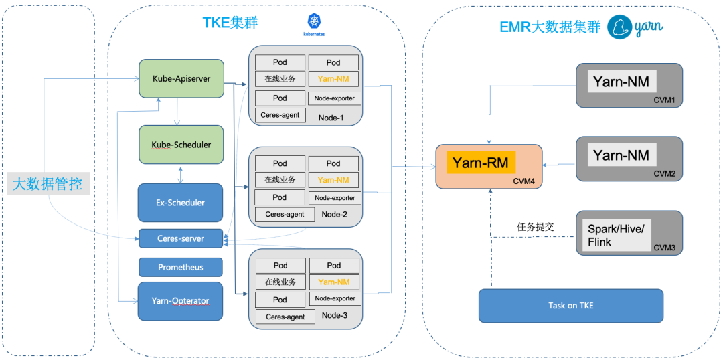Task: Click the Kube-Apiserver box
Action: click(x=181, y=78)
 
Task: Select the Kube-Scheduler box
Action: click(x=181, y=145)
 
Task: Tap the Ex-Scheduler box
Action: click(x=181, y=202)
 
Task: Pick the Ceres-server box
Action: click(x=181, y=238)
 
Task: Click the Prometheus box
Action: click(x=181, y=267)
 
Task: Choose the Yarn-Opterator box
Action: click(x=181, y=301)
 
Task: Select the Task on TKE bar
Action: click(x=571, y=305)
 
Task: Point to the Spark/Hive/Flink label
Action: click(x=613, y=234)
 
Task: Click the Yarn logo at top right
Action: click(x=635, y=27)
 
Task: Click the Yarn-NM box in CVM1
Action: click(x=621, y=82)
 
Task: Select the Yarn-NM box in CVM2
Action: click(x=621, y=155)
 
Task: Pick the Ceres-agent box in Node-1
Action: click(x=280, y=115)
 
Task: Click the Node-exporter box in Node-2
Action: click(x=335, y=198)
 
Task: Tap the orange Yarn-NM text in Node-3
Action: click(x=334, y=282)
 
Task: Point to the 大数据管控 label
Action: click(x=48, y=185)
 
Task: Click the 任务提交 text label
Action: click(x=536, y=227)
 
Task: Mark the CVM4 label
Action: click(x=524, y=181)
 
